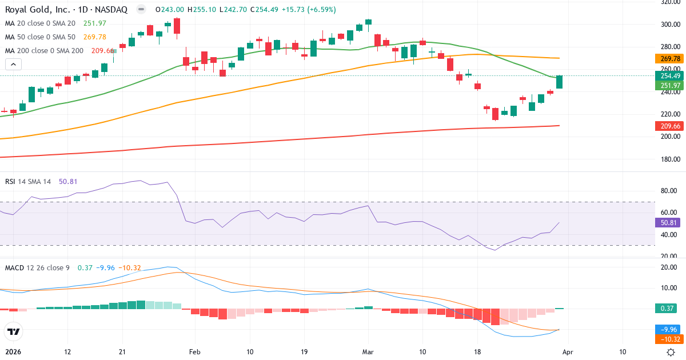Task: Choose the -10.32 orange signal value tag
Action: [x=667, y=339]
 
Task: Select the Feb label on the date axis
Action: [x=195, y=351]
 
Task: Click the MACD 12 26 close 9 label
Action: [x=37, y=267]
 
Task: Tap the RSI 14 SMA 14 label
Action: [x=28, y=181]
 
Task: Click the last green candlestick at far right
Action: [x=559, y=82]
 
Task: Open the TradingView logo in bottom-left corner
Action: [x=14, y=331]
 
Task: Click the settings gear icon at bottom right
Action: [x=671, y=352]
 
